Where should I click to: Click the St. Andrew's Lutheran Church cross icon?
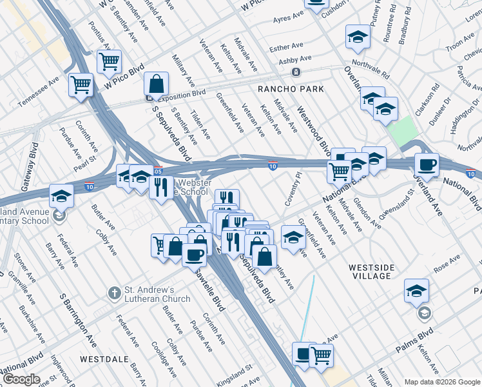[114, 292]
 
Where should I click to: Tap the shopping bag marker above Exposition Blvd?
[157, 84]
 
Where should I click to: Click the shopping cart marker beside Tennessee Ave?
[81, 84]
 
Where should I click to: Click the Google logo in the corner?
[21, 379]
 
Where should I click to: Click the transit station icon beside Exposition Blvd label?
[149, 99]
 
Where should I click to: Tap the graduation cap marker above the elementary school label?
[61, 195]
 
